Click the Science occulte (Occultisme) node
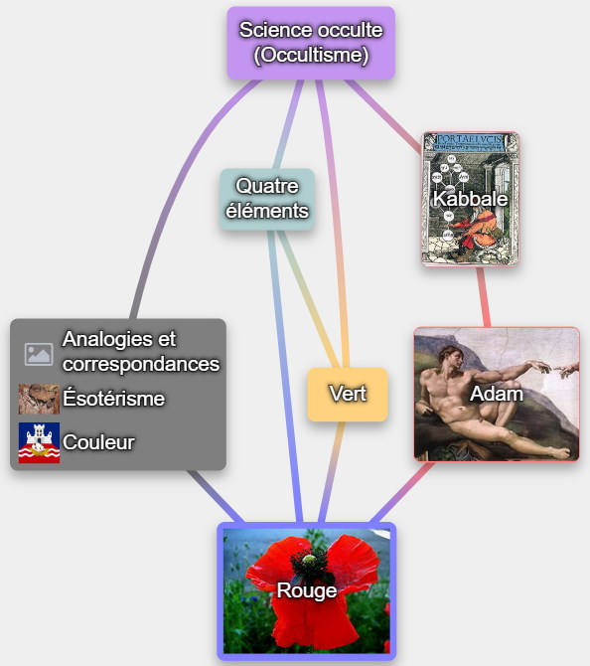pos(311,43)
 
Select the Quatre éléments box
pos(267,199)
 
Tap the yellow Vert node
pos(348,395)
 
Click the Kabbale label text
pos(470,199)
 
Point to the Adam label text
pos(497,394)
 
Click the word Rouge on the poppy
pos(307,590)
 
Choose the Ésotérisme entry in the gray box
pos(114,399)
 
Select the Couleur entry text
pos(98,442)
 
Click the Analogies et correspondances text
pos(141,351)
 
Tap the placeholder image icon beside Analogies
pos(39,354)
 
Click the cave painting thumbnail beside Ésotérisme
pos(39,399)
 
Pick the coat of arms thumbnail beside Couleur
pos(39,442)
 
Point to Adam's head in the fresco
pos(450,358)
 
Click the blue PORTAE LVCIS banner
pos(470,142)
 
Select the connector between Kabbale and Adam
pos(484,297)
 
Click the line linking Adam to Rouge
pos(403,492)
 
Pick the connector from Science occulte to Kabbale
pos(384,115)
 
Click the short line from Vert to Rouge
pos(331,471)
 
